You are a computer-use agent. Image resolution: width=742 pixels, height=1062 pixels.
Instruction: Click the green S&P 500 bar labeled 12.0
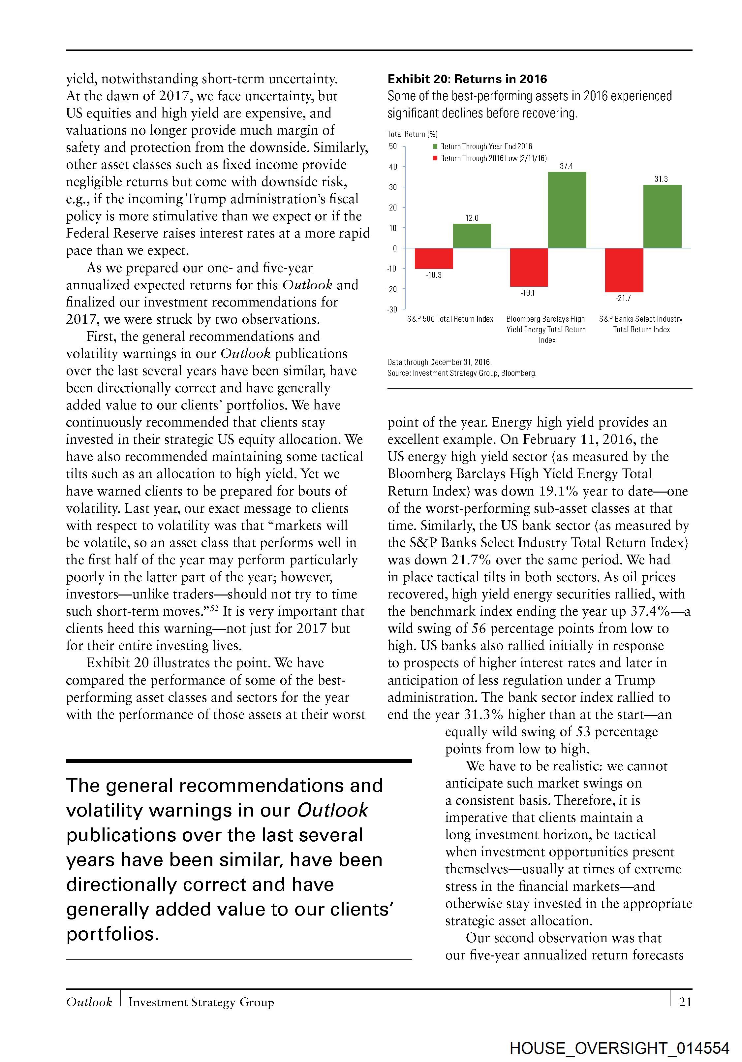point(472,236)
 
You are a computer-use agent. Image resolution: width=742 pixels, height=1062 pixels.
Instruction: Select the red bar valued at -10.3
point(434,258)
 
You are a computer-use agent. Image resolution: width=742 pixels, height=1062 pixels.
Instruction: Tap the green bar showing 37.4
point(567,210)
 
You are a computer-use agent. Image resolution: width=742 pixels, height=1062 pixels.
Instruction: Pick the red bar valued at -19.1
point(529,267)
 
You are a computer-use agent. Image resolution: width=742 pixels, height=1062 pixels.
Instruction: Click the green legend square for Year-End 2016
point(435,146)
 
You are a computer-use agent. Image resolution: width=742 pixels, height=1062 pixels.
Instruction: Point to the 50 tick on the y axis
point(393,146)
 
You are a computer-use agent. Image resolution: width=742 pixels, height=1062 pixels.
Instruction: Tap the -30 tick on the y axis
point(392,309)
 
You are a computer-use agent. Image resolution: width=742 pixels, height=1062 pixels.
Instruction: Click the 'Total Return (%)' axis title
point(412,134)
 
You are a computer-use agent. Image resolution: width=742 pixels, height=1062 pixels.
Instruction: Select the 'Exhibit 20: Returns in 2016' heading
point(467,79)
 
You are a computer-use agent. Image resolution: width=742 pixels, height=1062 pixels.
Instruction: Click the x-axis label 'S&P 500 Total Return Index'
point(450,319)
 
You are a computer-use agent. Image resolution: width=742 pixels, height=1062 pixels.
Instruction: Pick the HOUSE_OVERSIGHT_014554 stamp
point(620,1048)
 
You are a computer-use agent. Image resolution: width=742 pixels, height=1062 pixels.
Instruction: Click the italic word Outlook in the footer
point(89,1002)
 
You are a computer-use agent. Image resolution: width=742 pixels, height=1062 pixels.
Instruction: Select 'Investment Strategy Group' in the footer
point(201,1002)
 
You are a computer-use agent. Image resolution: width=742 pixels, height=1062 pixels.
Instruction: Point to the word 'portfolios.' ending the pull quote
point(112,934)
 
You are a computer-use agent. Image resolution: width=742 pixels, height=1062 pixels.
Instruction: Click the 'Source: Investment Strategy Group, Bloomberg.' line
point(462,373)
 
